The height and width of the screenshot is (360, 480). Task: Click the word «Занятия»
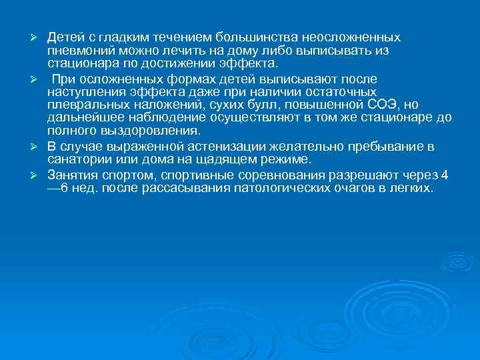tap(71, 176)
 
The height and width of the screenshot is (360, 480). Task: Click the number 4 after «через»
tap(445, 176)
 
